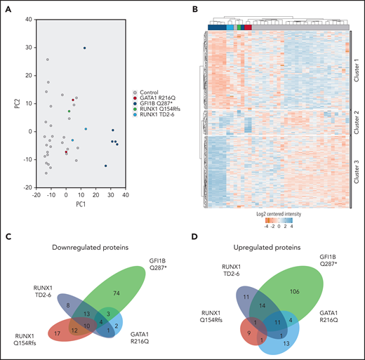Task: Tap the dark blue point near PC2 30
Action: tap(85, 48)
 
